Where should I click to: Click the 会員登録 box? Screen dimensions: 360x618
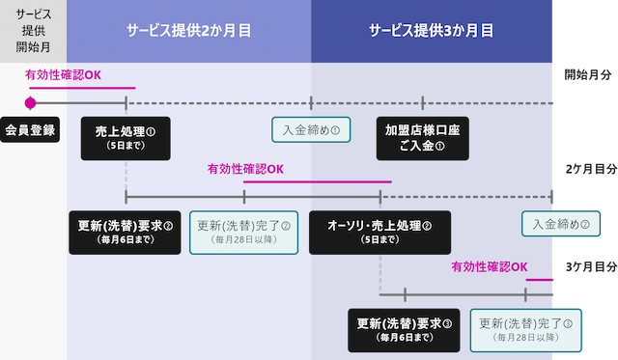(x=30, y=128)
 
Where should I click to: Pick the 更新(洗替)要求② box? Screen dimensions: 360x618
(x=125, y=232)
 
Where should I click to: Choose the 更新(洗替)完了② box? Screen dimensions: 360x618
(x=244, y=232)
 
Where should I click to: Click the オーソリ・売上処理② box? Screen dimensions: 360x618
(x=379, y=232)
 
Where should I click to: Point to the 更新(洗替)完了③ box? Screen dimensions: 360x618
(x=526, y=330)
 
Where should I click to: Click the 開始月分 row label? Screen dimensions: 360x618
(x=589, y=74)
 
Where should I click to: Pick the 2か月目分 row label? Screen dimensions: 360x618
(x=589, y=169)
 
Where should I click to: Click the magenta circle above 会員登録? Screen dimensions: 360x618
(x=30, y=103)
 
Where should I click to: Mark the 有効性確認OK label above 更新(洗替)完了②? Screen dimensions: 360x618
(x=245, y=169)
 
